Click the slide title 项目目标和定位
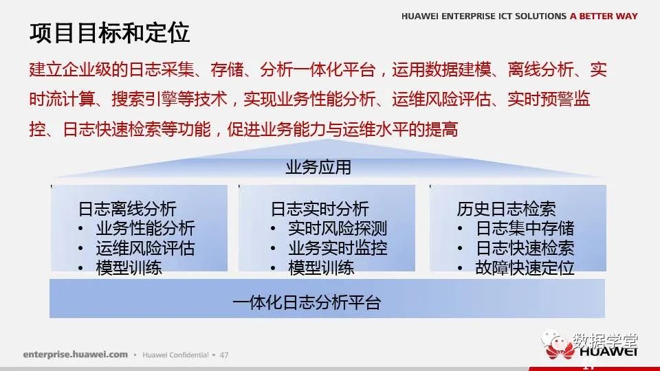pos(109,33)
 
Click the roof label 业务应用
pos(318,167)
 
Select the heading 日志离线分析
pos(127,209)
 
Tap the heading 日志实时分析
pos(320,209)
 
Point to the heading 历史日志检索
pos(507,209)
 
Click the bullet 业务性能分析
pos(145,228)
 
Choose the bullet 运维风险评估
pos(145,248)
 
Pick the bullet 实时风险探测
pos(338,228)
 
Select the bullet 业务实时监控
pos(338,248)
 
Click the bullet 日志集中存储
pos(525,228)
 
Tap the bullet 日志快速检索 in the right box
pos(525,248)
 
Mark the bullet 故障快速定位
pos(525,268)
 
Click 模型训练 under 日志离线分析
pos(129,268)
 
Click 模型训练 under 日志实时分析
pos(321,268)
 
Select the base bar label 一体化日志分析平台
pos(307,302)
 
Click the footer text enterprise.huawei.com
pos(76,355)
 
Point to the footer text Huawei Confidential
pos(175,355)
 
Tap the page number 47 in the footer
pos(224,355)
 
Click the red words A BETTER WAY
pos(604,16)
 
